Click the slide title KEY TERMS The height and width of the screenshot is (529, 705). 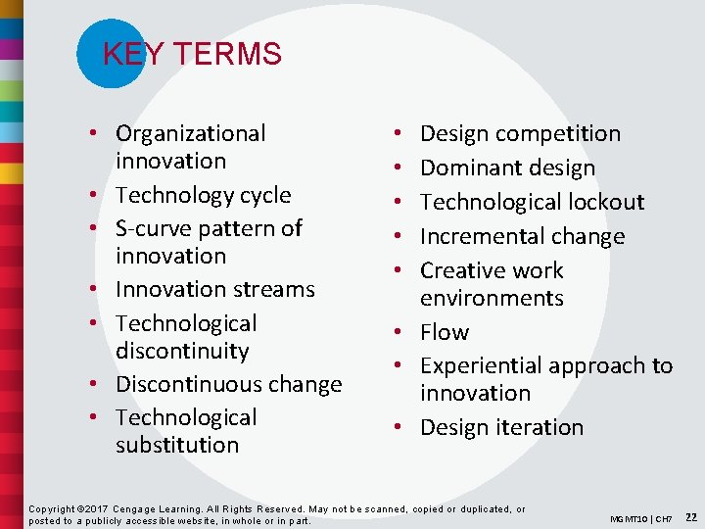point(192,54)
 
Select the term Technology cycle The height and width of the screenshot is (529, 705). point(203,195)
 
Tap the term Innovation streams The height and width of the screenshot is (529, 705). point(214,289)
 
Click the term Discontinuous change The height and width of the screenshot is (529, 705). point(228,384)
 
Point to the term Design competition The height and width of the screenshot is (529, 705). point(520,133)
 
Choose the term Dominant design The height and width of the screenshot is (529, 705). point(507,168)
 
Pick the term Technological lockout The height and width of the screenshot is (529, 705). point(532,202)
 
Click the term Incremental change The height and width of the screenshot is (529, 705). point(522,236)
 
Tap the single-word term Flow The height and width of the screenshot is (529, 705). point(445,332)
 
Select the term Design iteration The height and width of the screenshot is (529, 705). point(501,427)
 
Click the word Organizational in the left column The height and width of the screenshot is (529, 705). point(190,133)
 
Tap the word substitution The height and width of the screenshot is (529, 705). point(176,445)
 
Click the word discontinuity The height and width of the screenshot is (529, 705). point(182,351)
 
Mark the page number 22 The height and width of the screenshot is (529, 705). point(691,516)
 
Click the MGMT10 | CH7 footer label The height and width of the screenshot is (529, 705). point(640,517)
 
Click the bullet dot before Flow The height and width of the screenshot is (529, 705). point(399,333)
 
